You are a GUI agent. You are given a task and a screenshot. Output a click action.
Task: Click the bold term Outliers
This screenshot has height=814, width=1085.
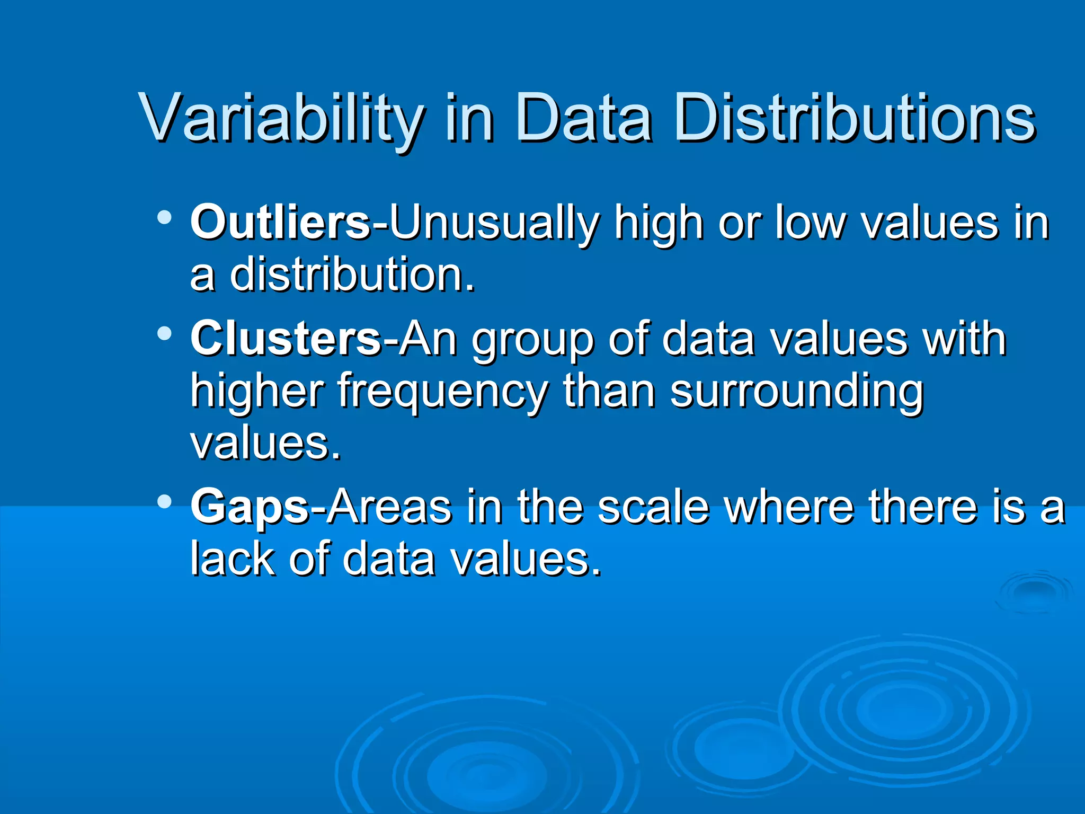[280, 223]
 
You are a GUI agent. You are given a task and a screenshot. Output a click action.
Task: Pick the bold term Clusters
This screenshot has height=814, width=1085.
[285, 339]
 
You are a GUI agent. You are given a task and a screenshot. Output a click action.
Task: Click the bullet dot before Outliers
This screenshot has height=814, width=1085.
[165, 217]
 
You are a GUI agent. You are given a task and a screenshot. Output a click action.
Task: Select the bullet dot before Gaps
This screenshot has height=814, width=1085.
[165, 501]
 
